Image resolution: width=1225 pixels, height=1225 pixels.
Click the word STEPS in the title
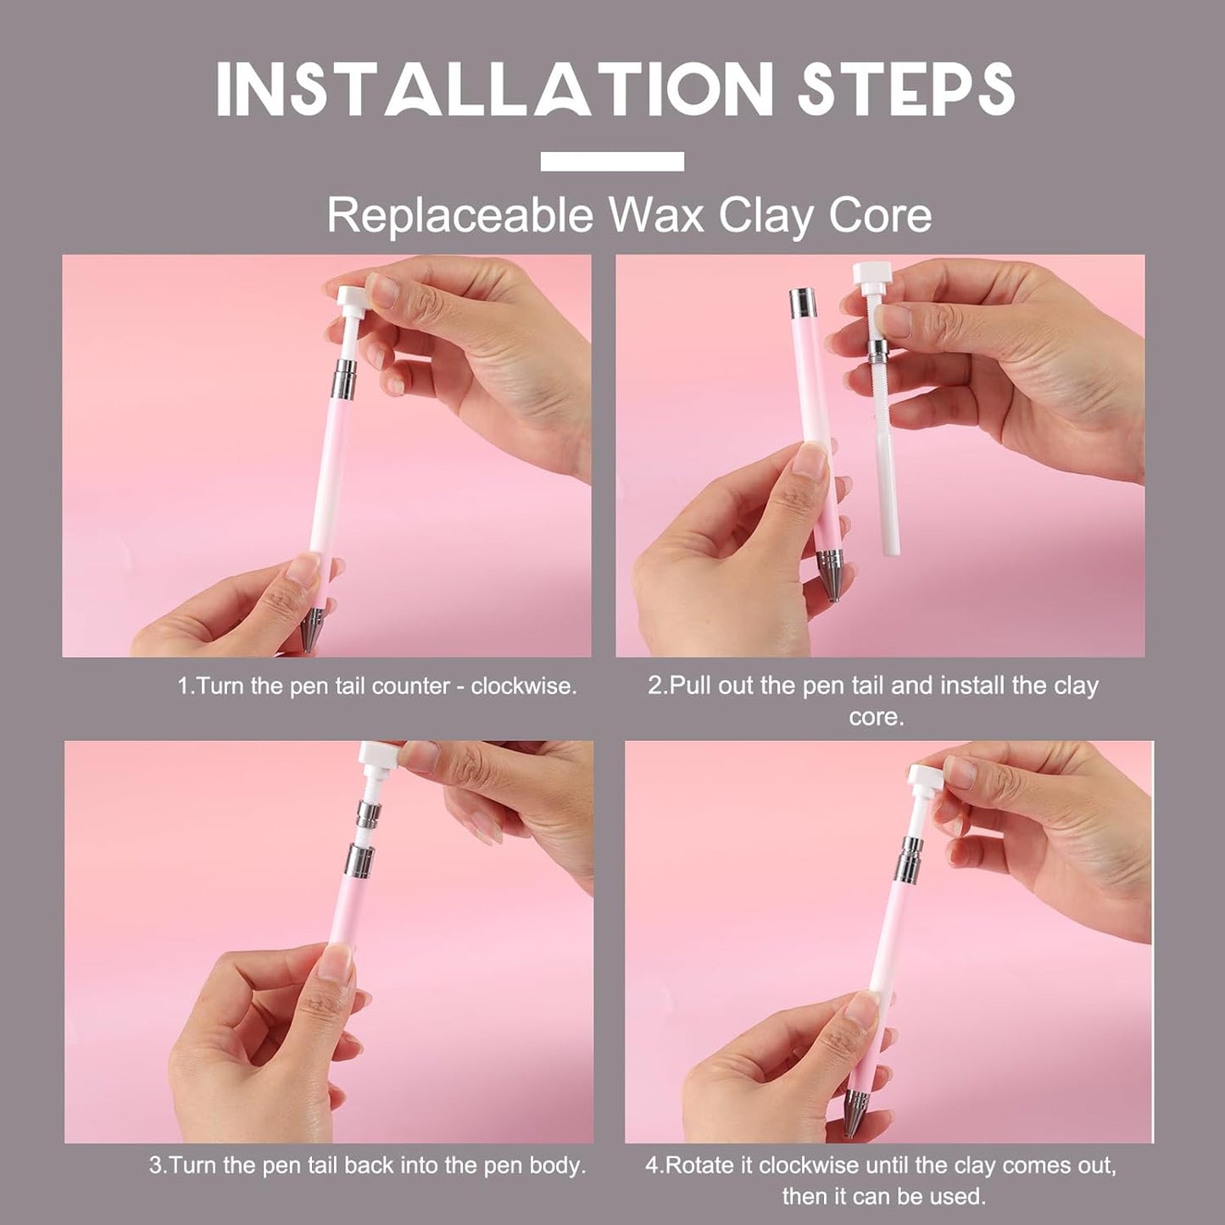[906, 90]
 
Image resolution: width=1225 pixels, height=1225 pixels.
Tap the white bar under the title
[612, 161]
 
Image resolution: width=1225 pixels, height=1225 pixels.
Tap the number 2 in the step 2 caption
[654, 687]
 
